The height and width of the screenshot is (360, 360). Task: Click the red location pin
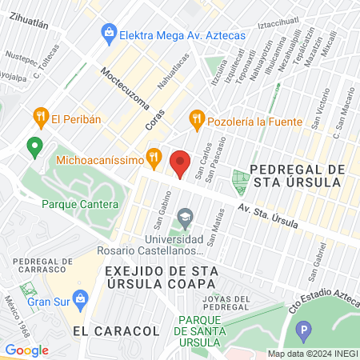pos(181,163)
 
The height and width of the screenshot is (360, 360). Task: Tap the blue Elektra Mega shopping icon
pos(107,34)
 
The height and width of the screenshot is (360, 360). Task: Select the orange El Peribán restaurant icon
pos(40,119)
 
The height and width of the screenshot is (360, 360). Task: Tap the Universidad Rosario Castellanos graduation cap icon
pos(186,217)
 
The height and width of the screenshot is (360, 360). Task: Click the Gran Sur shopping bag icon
pos(80,301)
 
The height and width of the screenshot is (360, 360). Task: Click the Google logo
pos(27,350)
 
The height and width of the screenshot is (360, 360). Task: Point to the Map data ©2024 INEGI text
pos(311,354)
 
